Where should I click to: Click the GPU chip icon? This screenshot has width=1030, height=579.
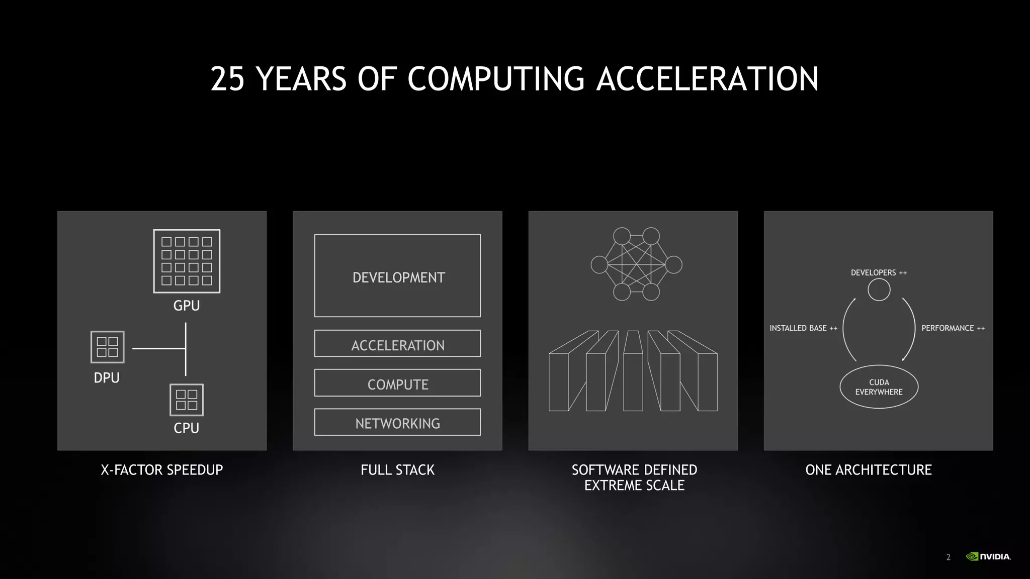pyautogui.click(x=187, y=261)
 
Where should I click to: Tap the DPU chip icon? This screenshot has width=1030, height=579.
pyautogui.click(x=107, y=347)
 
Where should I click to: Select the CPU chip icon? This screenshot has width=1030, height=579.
pyautogui.click(x=187, y=400)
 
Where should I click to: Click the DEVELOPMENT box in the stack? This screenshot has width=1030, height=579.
pyautogui.click(x=397, y=276)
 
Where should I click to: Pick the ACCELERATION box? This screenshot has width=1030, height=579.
pyautogui.click(x=397, y=344)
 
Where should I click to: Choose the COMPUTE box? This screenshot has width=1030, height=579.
pyautogui.click(x=397, y=383)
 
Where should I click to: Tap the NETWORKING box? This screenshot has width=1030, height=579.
pyautogui.click(x=397, y=422)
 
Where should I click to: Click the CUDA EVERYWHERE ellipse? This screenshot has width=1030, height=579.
pyautogui.click(x=879, y=387)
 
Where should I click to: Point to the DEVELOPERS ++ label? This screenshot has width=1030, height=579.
pyautogui.click(x=879, y=273)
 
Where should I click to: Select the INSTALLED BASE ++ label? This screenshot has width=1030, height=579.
pyautogui.click(x=803, y=328)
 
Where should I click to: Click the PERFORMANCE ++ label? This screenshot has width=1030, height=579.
pyautogui.click(x=953, y=328)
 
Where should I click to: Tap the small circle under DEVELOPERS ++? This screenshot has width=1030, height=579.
pyautogui.click(x=879, y=290)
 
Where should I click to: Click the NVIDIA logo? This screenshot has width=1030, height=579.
pyautogui.click(x=988, y=556)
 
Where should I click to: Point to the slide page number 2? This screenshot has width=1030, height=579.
pyautogui.click(x=949, y=557)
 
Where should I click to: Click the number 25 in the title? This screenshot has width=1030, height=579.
pyautogui.click(x=227, y=79)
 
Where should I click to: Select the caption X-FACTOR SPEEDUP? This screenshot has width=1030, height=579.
pyautogui.click(x=162, y=470)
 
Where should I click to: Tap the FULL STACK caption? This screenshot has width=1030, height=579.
pyautogui.click(x=397, y=470)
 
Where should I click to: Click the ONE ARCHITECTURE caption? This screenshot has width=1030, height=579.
pyautogui.click(x=869, y=470)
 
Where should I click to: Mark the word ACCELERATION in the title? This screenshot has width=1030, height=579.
pyautogui.click(x=707, y=79)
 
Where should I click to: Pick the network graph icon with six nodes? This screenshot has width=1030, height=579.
pyautogui.click(x=636, y=264)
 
